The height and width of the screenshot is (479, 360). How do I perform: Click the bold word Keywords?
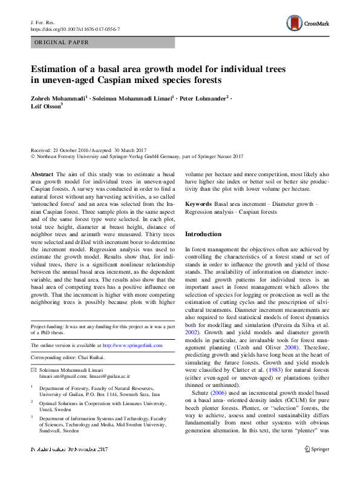(198, 204)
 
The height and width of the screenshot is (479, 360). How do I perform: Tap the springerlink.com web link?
(132, 345)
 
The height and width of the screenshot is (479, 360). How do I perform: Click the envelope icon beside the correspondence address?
(33, 369)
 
